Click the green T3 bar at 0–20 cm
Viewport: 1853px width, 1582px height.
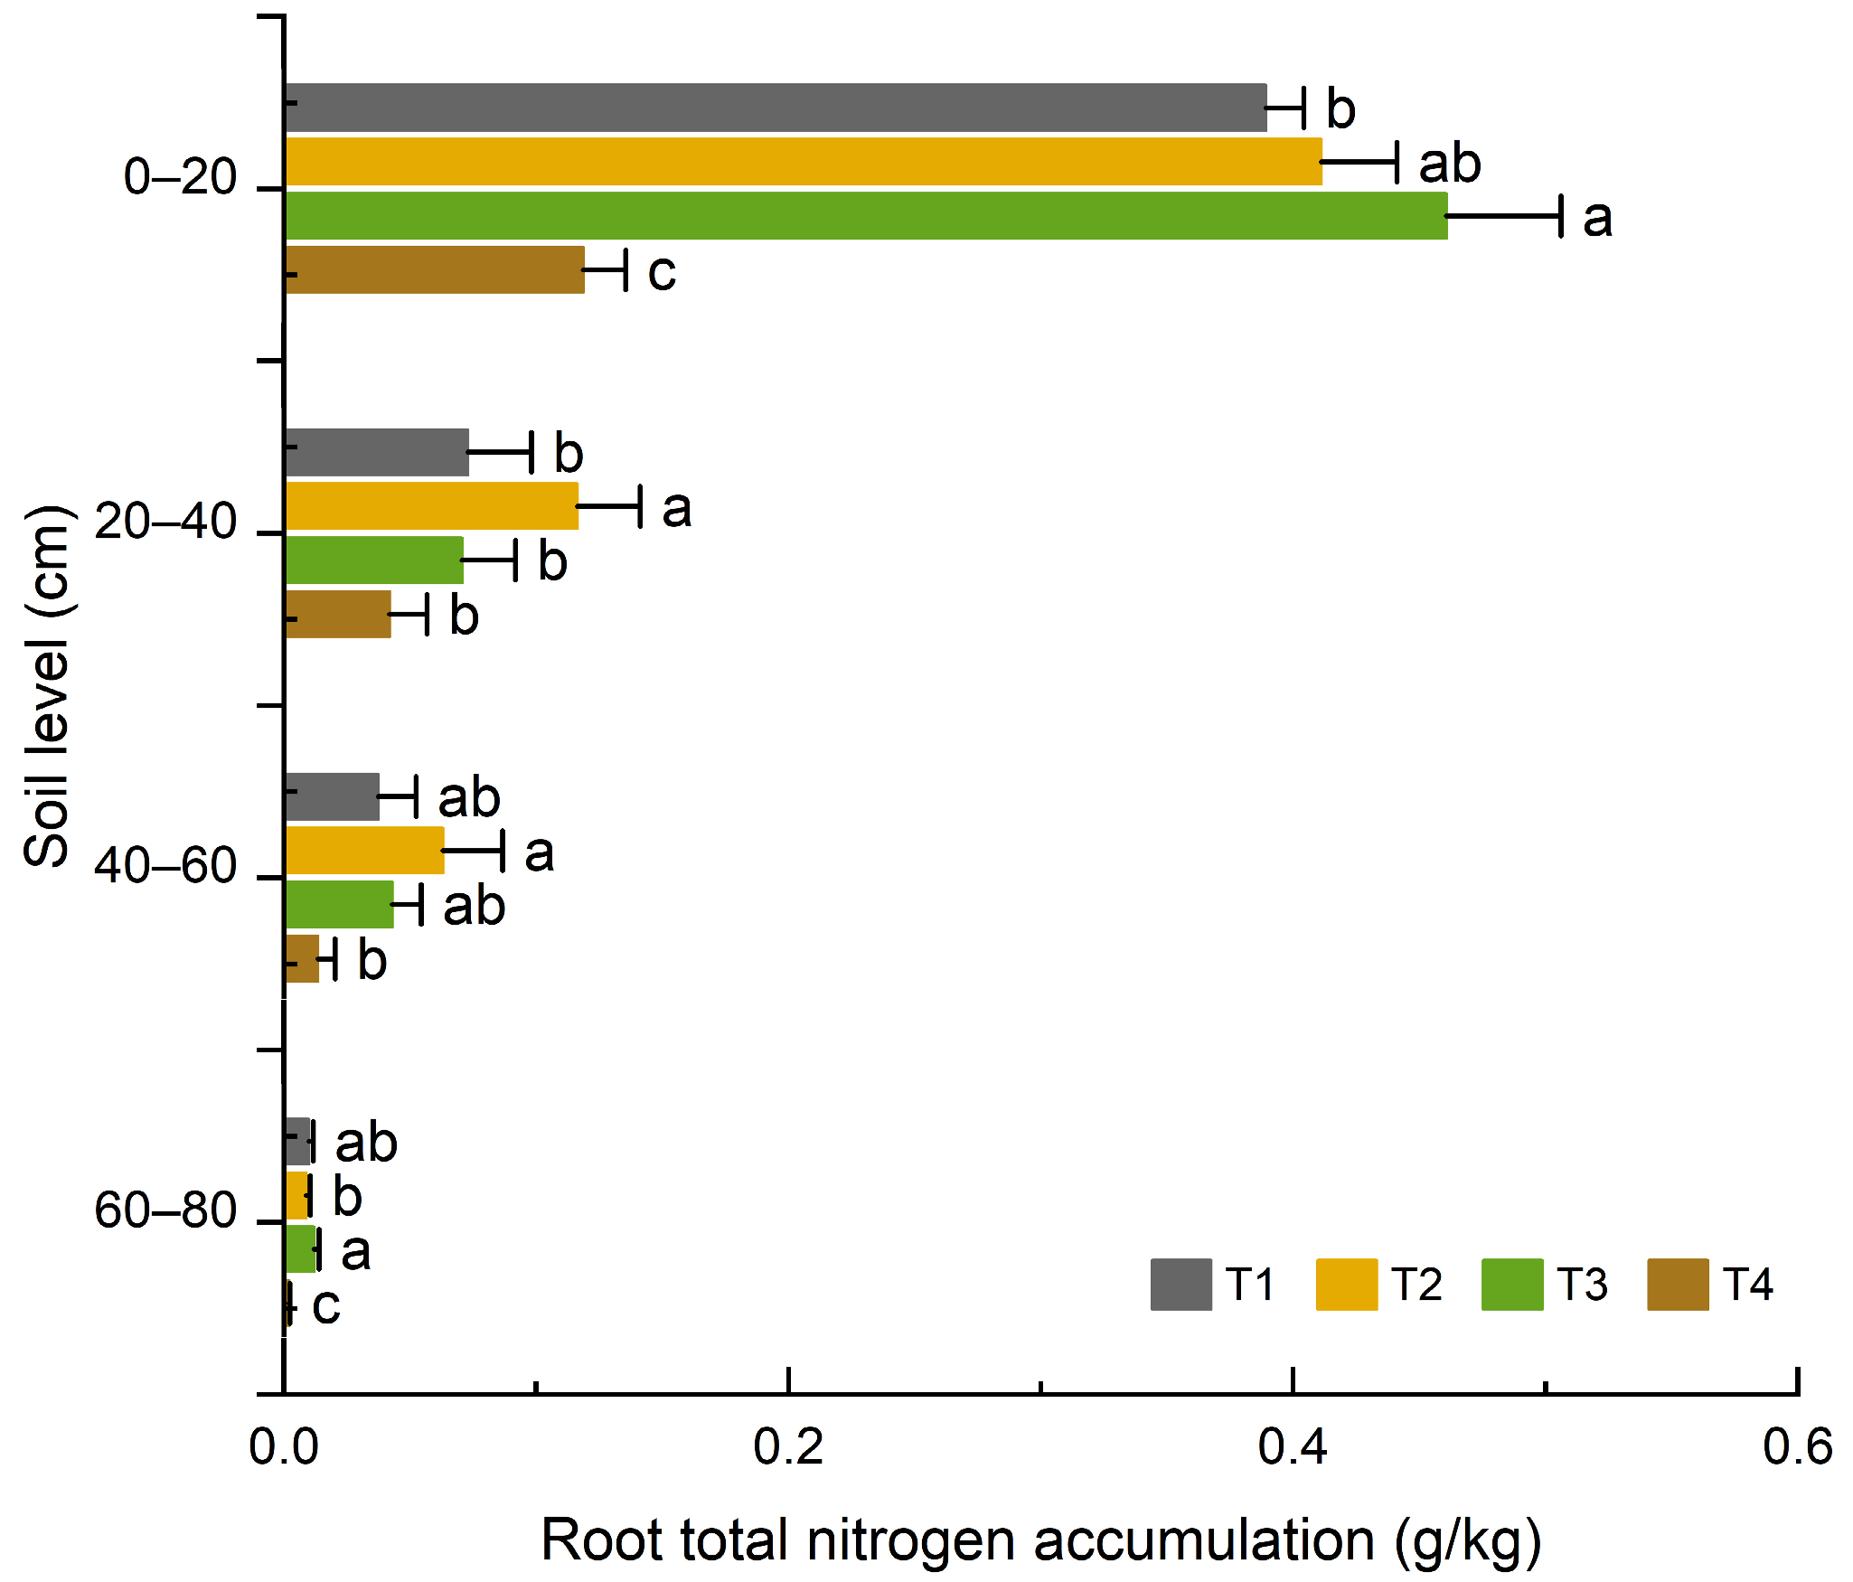(866, 215)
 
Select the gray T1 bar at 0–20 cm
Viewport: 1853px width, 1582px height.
(776, 108)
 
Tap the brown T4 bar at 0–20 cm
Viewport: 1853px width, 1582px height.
(435, 269)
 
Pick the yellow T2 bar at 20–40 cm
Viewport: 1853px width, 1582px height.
(432, 506)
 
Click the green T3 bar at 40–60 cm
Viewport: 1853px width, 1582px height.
(340, 905)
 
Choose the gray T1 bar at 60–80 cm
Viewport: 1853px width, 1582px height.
(297, 1142)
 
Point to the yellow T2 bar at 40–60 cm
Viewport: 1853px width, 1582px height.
(365, 851)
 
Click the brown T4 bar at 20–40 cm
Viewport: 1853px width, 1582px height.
(338, 615)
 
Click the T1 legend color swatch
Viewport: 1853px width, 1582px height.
(1180, 1285)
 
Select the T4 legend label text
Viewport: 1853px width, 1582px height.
(1747, 1285)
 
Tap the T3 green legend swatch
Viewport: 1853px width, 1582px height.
(1511, 1285)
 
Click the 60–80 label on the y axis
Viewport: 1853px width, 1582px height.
(165, 1210)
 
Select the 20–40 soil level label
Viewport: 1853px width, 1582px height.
(165, 522)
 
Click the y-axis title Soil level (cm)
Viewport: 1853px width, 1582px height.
(47, 687)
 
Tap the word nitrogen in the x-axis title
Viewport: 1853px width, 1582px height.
(913, 1541)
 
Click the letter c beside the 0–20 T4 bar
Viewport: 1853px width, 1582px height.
(662, 272)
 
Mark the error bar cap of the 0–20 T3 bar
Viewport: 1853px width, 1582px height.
(1561, 216)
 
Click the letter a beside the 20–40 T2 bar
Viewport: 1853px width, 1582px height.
(677, 509)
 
